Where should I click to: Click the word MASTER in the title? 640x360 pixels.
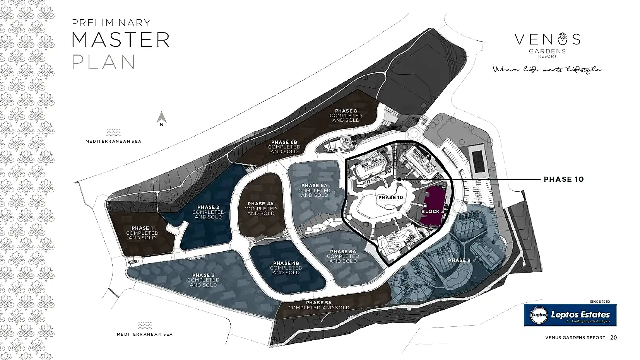pyautogui.click(x=121, y=39)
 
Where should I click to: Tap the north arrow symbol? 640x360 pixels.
pyautogui.click(x=162, y=117)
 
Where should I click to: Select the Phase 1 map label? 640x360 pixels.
pyautogui.click(x=142, y=233)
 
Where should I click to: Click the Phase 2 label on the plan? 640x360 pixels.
pyautogui.click(x=208, y=212)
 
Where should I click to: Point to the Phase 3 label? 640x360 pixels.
pyautogui.click(x=203, y=280)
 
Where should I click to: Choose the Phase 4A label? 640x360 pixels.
pyautogui.click(x=260, y=208)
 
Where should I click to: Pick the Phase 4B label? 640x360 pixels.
pyautogui.click(x=286, y=268)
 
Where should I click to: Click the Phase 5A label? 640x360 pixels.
pyautogui.click(x=319, y=305)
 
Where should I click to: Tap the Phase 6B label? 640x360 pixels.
pyautogui.click(x=284, y=147)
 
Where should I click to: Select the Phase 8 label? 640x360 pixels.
pyautogui.click(x=346, y=115)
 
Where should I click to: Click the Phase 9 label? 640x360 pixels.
pyautogui.click(x=459, y=260)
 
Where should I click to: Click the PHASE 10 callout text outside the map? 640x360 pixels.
pyautogui.click(x=563, y=179)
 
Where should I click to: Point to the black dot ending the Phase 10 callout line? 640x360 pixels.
pyautogui.click(x=399, y=179)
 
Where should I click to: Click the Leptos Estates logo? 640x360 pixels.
pyautogui.click(x=570, y=315)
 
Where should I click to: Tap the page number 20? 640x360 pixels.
pyautogui.click(x=613, y=338)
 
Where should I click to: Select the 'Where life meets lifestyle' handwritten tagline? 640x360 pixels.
pyautogui.click(x=547, y=69)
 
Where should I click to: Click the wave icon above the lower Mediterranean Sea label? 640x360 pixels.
pyautogui.click(x=145, y=325)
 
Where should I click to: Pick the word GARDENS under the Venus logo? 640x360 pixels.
pyautogui.click(x=547, y=51)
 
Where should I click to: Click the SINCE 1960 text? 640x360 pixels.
pyautogui.click(x=600, y=302)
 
